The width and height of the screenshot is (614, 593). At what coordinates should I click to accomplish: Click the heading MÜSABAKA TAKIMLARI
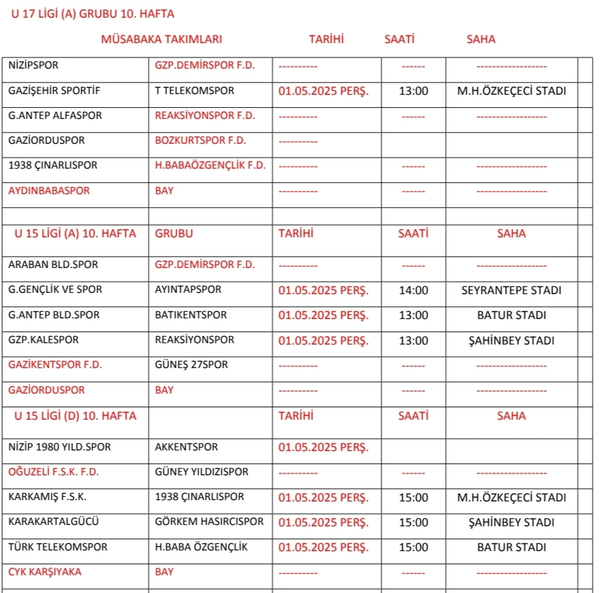point(162,39)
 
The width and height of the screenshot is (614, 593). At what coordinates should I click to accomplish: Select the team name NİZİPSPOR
point(33,65)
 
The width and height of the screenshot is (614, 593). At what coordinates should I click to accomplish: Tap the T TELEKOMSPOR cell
point(194,91)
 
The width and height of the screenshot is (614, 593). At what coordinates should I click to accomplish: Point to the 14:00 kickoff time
point(413,290)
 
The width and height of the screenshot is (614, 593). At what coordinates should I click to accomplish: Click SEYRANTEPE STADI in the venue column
point(511,290)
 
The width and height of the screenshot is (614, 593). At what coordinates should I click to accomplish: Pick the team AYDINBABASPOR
point(49,191)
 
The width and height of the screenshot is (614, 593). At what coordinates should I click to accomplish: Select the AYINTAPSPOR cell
point(188,290)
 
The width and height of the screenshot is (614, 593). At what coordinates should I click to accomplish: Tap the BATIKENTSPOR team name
point(191,315)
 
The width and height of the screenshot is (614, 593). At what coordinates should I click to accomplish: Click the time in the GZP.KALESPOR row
point(413,341)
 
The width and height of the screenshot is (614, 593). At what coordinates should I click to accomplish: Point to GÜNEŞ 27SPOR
point(192,365)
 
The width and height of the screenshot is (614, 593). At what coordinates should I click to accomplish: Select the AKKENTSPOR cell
point(186,447)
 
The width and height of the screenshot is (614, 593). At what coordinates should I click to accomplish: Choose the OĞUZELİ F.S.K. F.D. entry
point(54,472)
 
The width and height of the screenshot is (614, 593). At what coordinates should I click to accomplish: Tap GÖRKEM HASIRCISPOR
point(209,522)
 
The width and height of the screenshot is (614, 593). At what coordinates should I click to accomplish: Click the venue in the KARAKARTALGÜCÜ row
point(511,522)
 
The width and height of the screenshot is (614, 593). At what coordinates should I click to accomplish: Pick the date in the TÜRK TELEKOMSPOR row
point(323,547)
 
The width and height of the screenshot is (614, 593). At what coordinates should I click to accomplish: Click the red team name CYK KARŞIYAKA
point(45,572)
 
